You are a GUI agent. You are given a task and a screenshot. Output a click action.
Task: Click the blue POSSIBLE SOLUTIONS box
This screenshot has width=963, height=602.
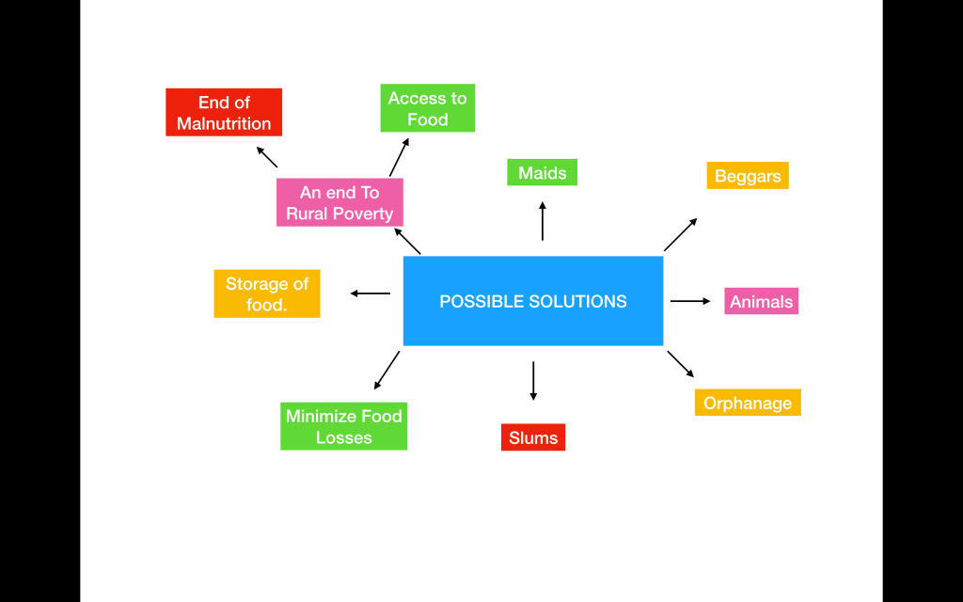point(532,301)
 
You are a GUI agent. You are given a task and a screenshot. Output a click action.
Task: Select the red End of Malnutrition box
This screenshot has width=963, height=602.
point(224,113)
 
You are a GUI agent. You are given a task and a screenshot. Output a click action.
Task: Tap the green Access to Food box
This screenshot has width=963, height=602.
point(427,108)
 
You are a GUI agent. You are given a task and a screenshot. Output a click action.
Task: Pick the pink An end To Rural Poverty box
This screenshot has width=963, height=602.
point(339,202)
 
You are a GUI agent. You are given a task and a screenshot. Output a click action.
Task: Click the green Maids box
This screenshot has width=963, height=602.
point(542,172)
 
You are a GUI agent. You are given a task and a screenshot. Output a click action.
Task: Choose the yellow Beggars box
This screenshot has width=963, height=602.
point(748,176)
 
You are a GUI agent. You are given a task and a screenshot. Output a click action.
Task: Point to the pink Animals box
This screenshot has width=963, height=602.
point(761,301)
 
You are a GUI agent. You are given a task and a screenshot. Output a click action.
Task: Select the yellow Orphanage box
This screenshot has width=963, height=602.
point(748,403)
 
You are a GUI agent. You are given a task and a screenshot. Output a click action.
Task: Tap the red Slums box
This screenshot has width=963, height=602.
point(533,437)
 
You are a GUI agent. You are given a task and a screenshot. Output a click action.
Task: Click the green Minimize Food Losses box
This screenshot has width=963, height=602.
point(343,427)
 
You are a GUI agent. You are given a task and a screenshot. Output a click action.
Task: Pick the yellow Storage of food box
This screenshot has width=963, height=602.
point(267,293)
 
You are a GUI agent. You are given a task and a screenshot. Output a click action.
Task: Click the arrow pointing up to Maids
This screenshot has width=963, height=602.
point(542,221)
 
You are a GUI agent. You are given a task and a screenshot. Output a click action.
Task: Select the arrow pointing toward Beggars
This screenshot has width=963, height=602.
point(680,234)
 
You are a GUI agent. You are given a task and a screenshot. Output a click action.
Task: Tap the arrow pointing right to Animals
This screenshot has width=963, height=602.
point(690,301)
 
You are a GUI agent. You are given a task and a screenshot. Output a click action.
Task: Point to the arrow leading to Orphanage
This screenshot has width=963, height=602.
point(681,364)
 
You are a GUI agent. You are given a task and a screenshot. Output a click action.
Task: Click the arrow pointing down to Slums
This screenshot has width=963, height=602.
point(533,380)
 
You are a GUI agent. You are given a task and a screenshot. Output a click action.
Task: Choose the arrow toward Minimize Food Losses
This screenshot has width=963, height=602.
point(387,370)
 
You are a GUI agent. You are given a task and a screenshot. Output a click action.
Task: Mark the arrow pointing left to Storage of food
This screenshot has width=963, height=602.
point(371,293)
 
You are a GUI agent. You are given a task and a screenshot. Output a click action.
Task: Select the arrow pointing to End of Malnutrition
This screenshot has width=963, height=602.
point(267,157)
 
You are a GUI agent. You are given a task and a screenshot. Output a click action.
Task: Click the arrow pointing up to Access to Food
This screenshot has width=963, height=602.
point(400,157)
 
